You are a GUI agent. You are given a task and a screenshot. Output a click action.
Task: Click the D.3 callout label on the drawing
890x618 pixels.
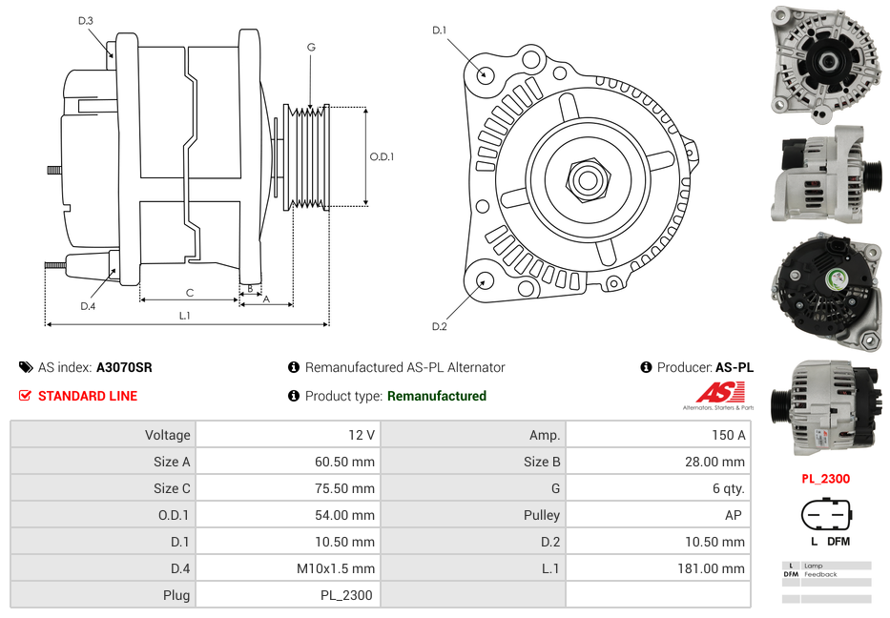(x=86, y=21)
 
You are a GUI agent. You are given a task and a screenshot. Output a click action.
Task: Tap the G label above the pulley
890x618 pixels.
(x=311, y=47)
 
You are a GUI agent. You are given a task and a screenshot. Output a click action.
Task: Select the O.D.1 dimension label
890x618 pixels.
(x=383, y=156)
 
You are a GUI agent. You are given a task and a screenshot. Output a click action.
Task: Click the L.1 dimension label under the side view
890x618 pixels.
(x=185, y=316)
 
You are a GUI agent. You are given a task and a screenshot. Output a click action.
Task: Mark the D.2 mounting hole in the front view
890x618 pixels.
(x=484, y=280)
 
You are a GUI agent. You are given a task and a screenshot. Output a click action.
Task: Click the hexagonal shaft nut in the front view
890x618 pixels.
(x=587, y=178)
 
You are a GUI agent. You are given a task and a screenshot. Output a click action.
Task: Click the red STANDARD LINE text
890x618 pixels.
(x=87, y=396)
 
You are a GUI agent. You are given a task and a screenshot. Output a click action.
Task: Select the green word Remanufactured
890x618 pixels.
(x=436, y=396)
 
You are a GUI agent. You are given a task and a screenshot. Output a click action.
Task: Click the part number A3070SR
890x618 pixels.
(x=124, y=367)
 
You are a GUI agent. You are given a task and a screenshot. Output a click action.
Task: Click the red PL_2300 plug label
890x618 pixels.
(x=825, y=479)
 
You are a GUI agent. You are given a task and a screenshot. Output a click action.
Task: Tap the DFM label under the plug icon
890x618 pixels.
(x=838, y=542)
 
